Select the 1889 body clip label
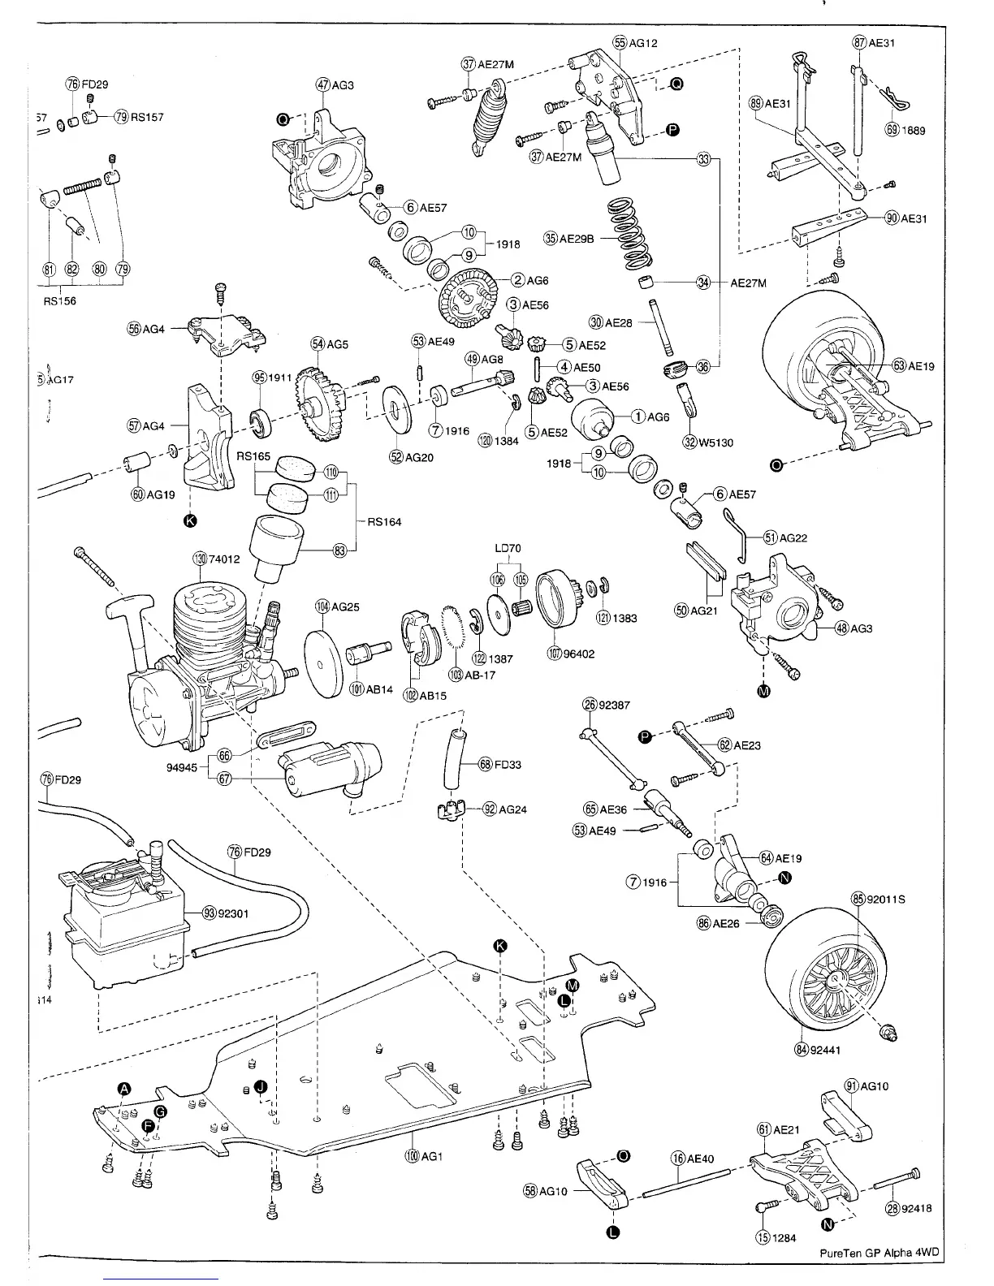tap(914, 130)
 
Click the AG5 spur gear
tap(323, 404)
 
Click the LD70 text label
tap(508, 549)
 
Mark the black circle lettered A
tap(124, 1090)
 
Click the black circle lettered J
tap(260, 1086)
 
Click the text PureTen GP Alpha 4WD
tap(878, 1252)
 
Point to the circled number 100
tap(412, 1155)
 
